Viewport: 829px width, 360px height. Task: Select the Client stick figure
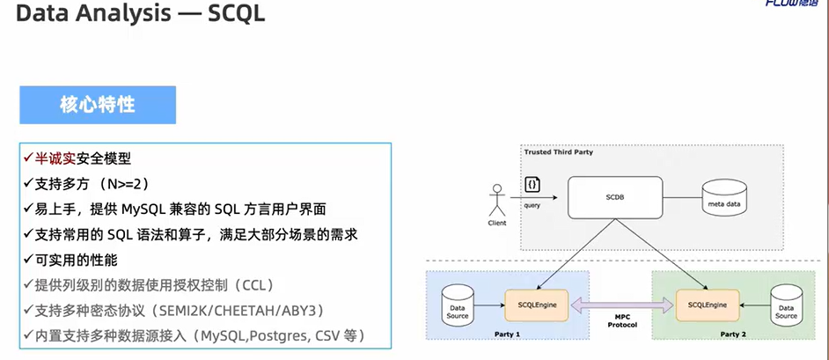point(497,201)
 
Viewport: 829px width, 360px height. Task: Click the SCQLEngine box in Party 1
point(536,304)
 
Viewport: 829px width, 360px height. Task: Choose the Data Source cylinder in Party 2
point(786,304)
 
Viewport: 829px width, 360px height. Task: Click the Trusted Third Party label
point(558,152)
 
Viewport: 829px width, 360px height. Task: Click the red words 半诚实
point(55,158)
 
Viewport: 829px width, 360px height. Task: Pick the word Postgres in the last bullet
point(265,336)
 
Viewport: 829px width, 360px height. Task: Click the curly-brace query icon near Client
point(532,184)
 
